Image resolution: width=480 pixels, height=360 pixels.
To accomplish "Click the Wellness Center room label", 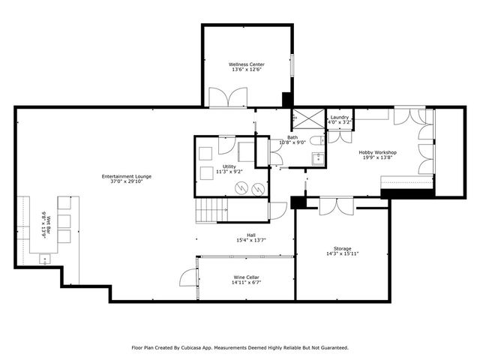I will click(x=246, y=64).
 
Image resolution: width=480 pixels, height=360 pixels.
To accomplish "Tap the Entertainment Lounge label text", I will click(x=127, y=176).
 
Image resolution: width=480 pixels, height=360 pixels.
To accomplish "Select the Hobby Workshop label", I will click(x=377, y=152).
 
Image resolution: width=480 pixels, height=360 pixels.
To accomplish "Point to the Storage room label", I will click(x=342, y=248).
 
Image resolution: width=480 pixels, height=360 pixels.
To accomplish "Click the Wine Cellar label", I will click(x=247, y=277).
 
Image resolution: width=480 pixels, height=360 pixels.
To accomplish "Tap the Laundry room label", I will click(x=339, y=117).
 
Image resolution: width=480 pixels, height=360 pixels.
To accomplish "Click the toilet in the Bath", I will click(x=320, y=139).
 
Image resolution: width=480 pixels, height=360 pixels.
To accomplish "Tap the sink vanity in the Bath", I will click(x=318, y=158).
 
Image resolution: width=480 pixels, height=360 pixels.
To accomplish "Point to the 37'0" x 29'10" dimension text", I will click(x=127, y=181).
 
